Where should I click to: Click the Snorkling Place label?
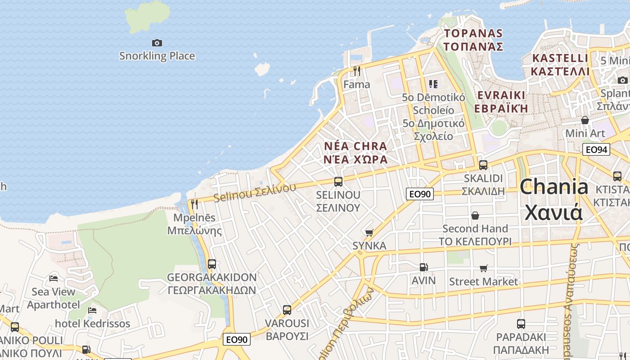coord(157,56)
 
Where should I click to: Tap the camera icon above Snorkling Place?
coord(157,43)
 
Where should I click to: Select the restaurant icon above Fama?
coord(357,71)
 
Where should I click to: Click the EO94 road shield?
coord(596,149)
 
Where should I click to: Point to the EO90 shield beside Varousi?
coord(237,339)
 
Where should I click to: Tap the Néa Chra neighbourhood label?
coord(355,153)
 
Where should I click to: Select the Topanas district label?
coord(473,40)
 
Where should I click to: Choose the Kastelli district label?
coord(560,65)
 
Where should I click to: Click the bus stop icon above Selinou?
coord(338,182)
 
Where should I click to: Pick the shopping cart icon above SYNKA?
coord(369,233)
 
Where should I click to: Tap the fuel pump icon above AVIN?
coord(423,267)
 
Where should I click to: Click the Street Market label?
coord(484,282)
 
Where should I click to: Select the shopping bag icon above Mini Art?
coord(585,120)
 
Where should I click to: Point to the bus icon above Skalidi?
coord(483,165)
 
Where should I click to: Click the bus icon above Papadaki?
coord(521,324)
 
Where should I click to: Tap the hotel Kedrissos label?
coord(93,324)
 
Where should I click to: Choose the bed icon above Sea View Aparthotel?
coord(54,279)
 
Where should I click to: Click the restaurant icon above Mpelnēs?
coord(194,204)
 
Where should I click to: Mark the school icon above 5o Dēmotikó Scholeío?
coord(433,84)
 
